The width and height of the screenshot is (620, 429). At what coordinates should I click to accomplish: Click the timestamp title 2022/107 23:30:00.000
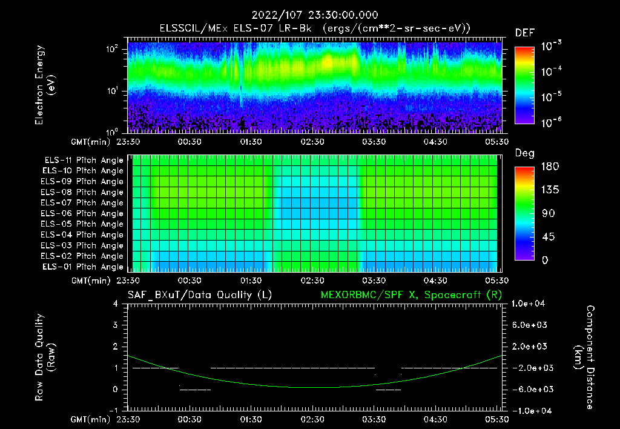[311, 15]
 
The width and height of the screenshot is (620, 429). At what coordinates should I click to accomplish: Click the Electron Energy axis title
[45, 85]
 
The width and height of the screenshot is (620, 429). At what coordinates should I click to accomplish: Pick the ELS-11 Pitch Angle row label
[82, 161]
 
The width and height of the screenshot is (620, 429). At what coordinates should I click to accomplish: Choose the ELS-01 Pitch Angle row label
[82, 267]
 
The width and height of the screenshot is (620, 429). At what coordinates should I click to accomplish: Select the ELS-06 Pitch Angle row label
[82, 213]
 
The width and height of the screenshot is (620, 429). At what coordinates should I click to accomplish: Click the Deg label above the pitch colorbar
[524, 153]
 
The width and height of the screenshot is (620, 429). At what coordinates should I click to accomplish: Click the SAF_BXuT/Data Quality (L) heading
[199, 294]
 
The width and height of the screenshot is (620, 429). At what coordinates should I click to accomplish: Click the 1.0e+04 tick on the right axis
[530, 304]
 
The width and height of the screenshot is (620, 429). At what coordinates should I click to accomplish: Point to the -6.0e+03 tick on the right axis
[530, 389]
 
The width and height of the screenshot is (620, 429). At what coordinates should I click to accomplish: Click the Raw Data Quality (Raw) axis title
[45, 357]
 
